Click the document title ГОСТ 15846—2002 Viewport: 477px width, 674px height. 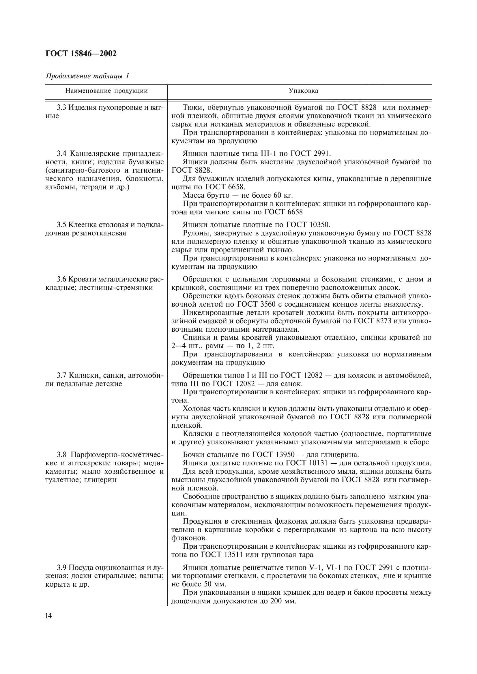[x=81, y=53]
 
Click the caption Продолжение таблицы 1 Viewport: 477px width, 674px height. [x=87, y=76]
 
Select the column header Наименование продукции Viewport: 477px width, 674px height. [x=106, y=91]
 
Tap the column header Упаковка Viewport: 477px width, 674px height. [x=303, y=91]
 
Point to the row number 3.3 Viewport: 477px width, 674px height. [x=61, y=107]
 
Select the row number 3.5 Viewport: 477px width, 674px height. [x=61, y=225]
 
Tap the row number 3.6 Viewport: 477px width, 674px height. [x=61, y=279]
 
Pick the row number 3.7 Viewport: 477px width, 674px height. [x=62, y=375]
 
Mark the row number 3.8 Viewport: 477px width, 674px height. [x=62, y=455]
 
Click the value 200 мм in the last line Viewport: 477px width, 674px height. [x=282, y=601]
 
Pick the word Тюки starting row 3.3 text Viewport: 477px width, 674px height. [x=192, y=107]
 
